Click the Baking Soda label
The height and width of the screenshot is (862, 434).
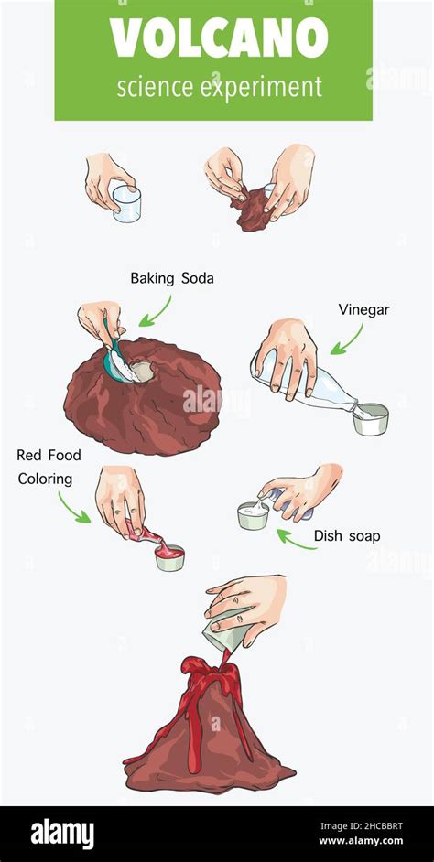pos(172,278)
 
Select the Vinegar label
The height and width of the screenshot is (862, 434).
pos(363,309)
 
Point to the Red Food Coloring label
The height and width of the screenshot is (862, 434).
pos(49,467)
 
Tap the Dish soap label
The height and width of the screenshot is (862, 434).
pos(346,535)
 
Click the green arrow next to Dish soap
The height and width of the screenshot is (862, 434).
pos(297,539)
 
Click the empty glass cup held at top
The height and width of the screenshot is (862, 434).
pos(126,203)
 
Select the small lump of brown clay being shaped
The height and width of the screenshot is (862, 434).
pos(255,209)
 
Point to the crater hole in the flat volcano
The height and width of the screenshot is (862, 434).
pos(142,372)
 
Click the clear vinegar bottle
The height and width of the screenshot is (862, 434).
pos(306,386)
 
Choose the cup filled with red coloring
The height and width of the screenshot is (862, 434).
pos(169,557)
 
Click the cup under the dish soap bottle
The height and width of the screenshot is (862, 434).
pos(253,516)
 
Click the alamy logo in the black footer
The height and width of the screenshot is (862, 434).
pos(62,834)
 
